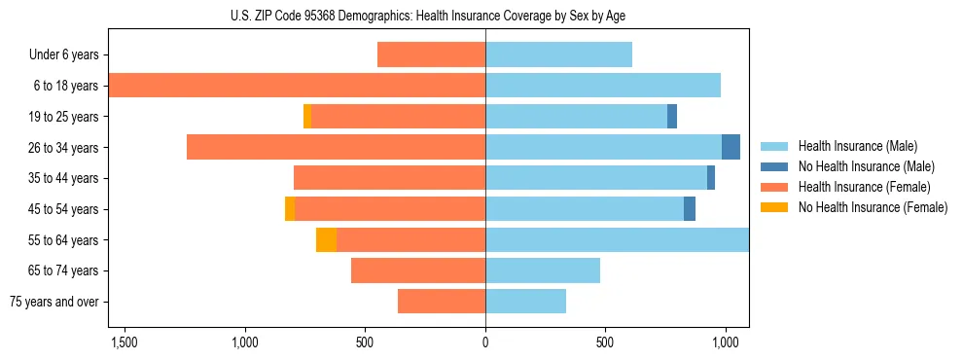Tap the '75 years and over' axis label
[x=54, y=302]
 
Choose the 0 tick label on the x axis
[x=485, y=342]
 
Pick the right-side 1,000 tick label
[x=725, y=342]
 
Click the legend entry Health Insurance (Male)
[x=857, y=146]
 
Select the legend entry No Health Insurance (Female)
[x=872, y=207]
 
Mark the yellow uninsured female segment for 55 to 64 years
[x=326, y=240]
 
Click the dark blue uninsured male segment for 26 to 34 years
[x=731, y=147]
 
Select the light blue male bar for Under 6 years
[x=558, y=55]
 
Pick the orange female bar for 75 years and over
[x=441, y=302]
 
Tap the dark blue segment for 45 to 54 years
[x=690, y=209]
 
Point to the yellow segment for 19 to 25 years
[x=307, y=117]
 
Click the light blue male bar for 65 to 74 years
[x=543, y=270]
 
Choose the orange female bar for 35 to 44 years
[x=389, y=178]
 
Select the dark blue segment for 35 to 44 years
[x=711, y=178]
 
